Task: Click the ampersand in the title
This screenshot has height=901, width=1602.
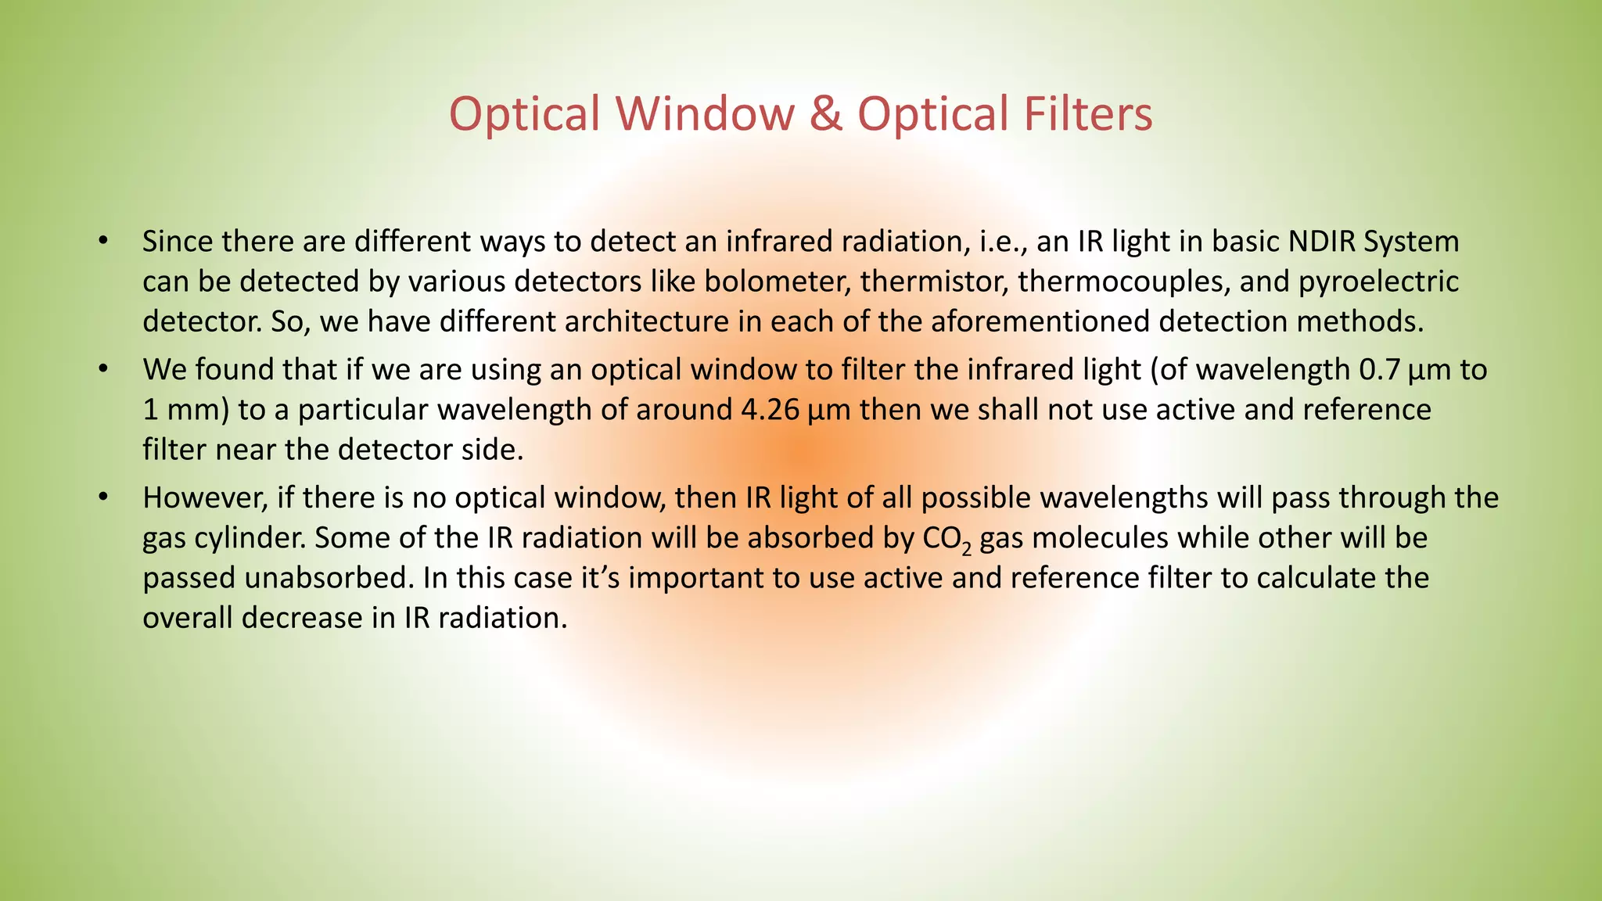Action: click(826, 113)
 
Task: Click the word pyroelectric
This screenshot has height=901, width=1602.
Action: click(1378, 282)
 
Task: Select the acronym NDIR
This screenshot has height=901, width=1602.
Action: click(1320, 242)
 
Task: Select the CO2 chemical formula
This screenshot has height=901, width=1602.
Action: click(946, 539)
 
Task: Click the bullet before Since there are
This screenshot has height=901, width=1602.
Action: click(102, 240)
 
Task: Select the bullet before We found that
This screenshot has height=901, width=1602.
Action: click(102, 368)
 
